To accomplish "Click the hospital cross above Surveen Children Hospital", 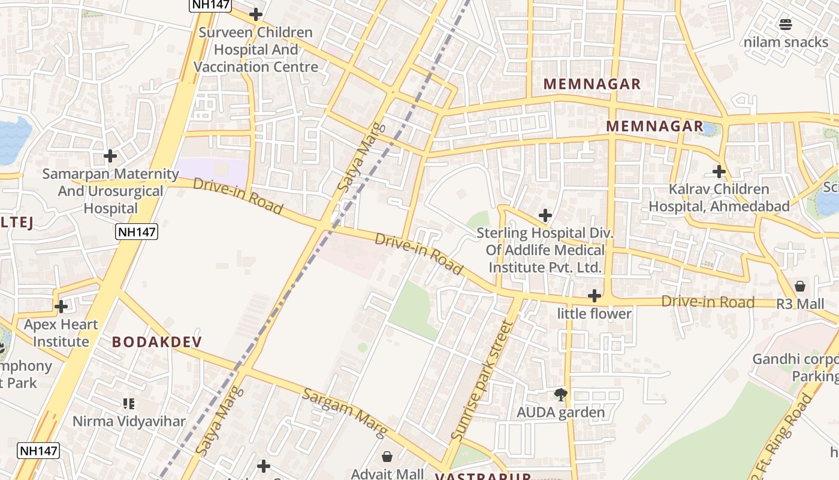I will (x=256, y=14).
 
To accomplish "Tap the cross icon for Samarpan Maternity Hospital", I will (x=110, y=156).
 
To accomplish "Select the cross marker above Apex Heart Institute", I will (x=61, y=307).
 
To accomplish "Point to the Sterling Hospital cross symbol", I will (x=545, y=215).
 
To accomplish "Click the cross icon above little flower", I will (x=594, y=296).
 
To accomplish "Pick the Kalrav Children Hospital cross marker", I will (x=719, y=172).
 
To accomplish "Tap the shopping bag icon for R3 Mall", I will (x=800, y=286).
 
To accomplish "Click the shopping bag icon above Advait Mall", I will (x=387, y=457).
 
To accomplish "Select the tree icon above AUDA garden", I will (x=561, y=394).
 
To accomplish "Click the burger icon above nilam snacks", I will (x=786, y=24).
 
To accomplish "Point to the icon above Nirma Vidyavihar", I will (x=129, y=404).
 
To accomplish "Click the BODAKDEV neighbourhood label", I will (x=157, y=342).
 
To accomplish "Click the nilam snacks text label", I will (x=786, y=42).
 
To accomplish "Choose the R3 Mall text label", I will (x=800, y=304).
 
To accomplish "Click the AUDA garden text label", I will (x=561, y=412).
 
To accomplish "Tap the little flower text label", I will (x=594, y=314).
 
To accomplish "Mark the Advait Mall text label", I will (x=387, y=474).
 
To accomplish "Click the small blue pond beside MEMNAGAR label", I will (x=708, y=128).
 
